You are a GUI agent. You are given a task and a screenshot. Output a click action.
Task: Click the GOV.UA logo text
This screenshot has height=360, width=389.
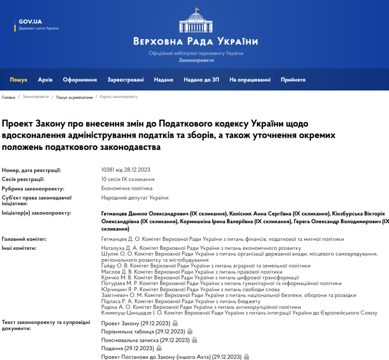30,22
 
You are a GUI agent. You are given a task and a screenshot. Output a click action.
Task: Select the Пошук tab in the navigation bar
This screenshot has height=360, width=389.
19,80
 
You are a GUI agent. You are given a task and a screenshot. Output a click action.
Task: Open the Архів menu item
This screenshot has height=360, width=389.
45,80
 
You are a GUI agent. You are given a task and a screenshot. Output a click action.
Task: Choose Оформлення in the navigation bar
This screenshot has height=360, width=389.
80,80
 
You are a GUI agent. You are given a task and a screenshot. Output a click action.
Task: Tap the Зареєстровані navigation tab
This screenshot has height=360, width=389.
126,80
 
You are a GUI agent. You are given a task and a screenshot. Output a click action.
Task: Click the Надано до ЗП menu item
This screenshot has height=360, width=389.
202,80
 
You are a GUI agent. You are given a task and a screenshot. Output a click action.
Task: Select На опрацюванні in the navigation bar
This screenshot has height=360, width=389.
250,80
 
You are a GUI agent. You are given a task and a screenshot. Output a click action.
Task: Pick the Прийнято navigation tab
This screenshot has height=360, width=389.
293,80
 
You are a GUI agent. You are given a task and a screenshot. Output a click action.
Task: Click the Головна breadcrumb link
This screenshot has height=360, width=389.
8,97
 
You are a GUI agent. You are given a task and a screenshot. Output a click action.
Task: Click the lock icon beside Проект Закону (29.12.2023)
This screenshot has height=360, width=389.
175,323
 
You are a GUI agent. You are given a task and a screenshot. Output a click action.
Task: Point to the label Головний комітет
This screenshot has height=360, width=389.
24,239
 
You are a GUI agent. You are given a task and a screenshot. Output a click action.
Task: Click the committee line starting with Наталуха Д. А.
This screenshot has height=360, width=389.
201,247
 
